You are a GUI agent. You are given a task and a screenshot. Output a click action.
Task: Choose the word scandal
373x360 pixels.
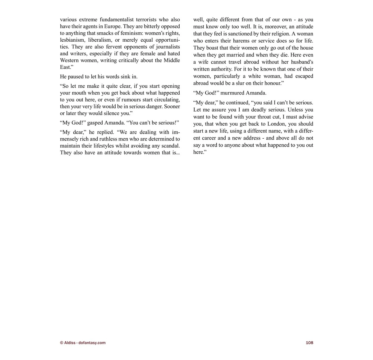click(171, 146)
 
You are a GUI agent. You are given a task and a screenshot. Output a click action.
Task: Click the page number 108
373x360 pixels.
click(309, 343)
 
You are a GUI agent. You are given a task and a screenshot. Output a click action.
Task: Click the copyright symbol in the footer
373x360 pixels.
click(62, 343)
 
